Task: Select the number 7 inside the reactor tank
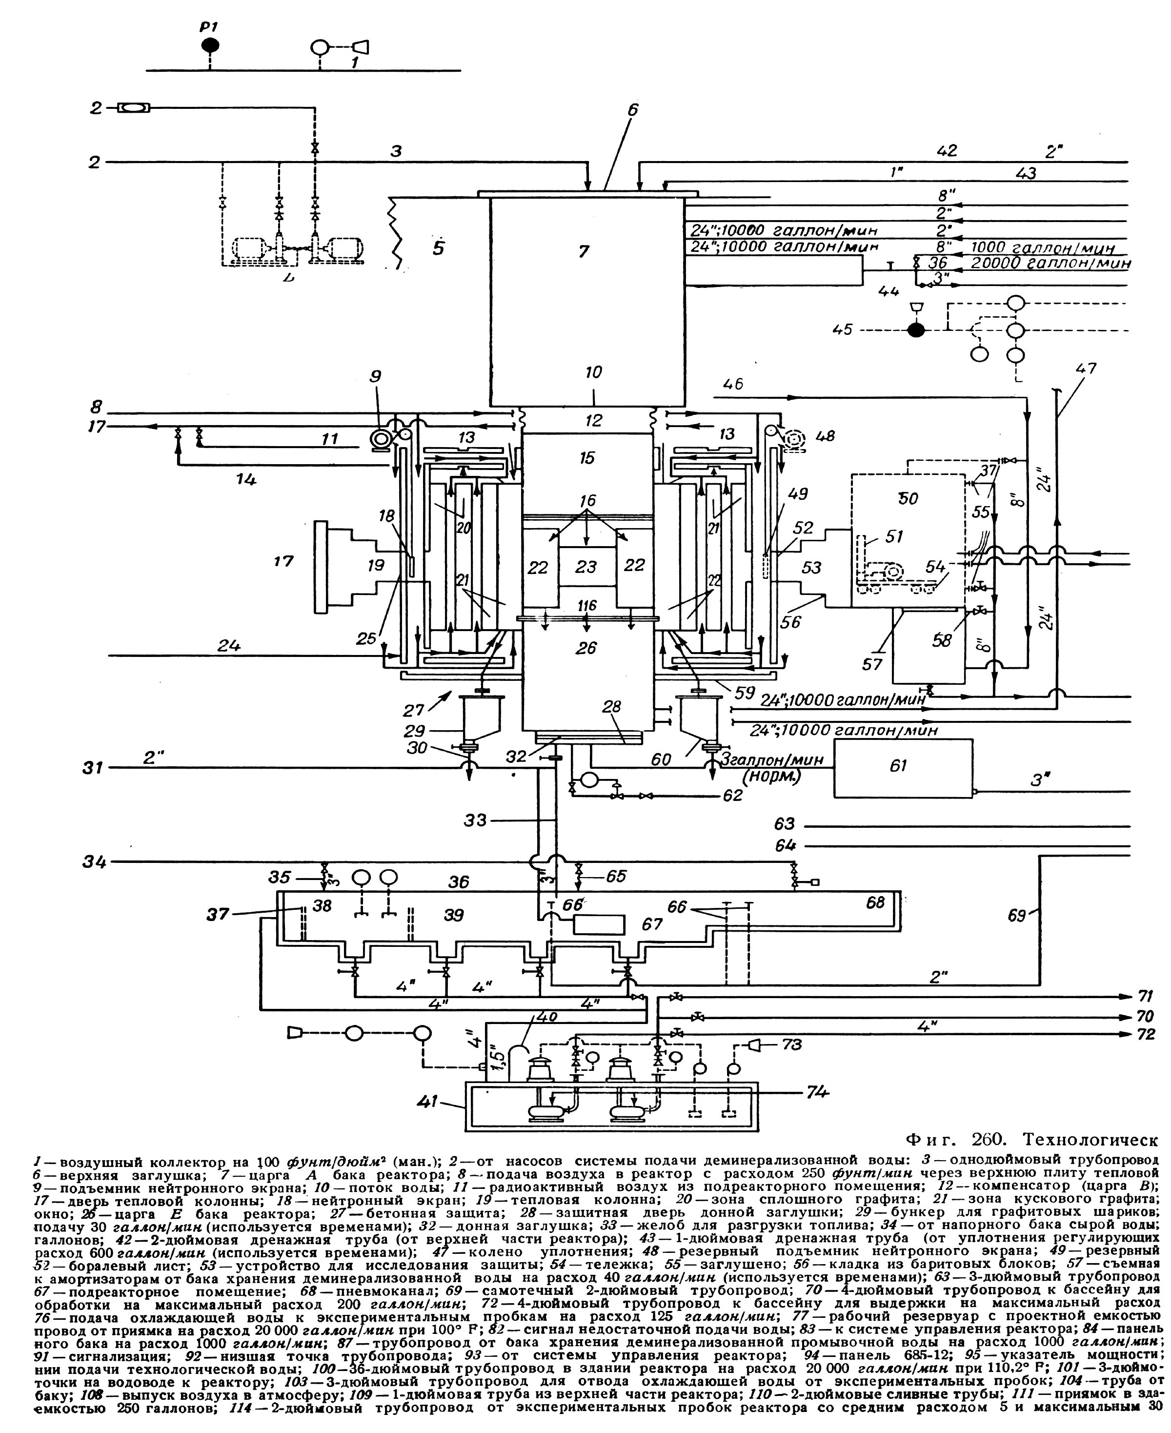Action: [x=584, y=252]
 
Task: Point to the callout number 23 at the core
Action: [x=585, y=566]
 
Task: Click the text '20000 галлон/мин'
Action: [x=1050, y=263]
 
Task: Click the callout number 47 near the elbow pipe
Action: [x=1086, y=369]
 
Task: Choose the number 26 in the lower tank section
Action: [x=586, y=648]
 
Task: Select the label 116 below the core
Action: [x=587, y=606]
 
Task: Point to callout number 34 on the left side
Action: [x=95, y=861]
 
